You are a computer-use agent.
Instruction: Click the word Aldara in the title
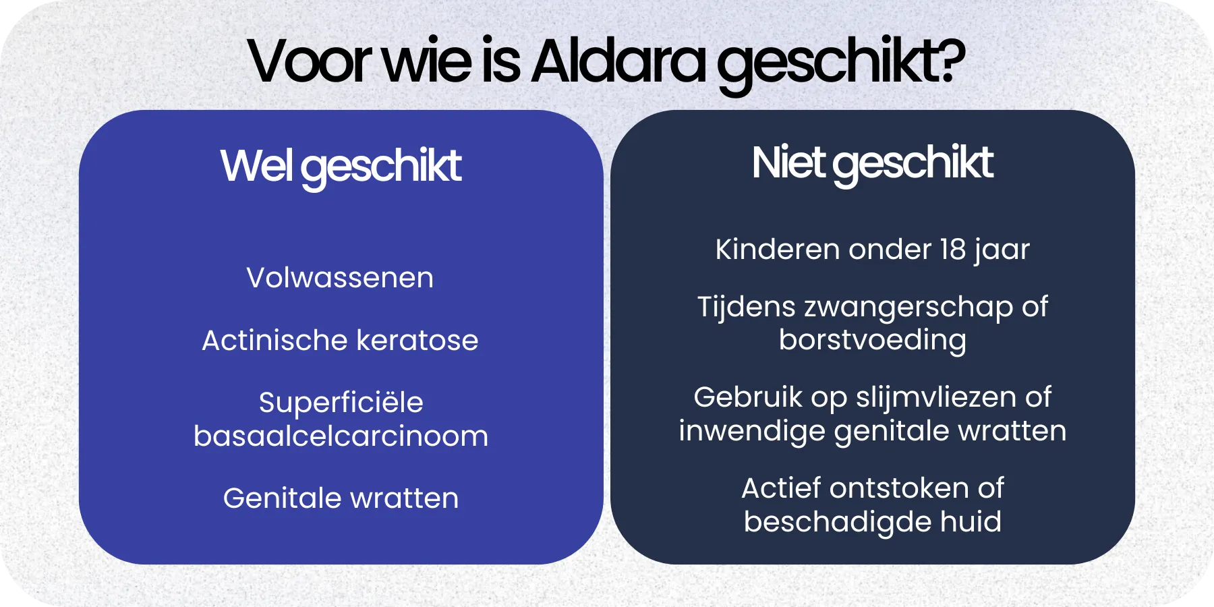pos(618,62)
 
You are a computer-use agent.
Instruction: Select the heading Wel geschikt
pos(341,166)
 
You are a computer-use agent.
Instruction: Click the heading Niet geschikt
pos(872,163)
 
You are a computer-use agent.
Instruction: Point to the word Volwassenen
pos(340,278)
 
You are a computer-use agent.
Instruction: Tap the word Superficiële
pos(341,403)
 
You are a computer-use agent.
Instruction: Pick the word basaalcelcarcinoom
pos(341,436)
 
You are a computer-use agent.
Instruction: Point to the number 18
pos(953,250)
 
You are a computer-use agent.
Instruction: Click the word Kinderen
pos(777,250)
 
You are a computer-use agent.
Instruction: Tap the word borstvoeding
pos(872,340)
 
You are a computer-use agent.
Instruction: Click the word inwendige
pos(751,432)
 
